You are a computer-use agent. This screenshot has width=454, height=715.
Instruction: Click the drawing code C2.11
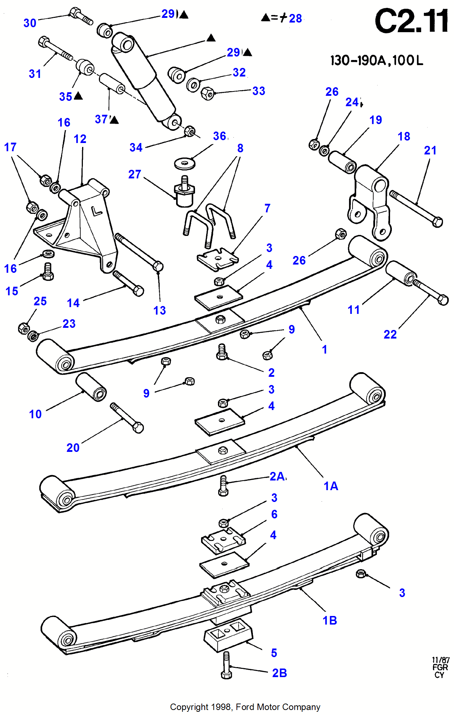click(x=411, y=21)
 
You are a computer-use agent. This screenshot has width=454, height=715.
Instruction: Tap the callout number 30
click(x=30, y=23)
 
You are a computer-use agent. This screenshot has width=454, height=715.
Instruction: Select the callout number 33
click(x=259, y=91)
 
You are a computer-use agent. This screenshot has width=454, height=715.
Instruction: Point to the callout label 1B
click(x=330, y=621)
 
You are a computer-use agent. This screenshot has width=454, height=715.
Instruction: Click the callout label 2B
click(x=280, y=673)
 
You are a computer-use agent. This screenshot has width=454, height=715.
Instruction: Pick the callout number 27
click(x=135, y=174)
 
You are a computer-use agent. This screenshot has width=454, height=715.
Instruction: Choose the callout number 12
click(x=80, y=139)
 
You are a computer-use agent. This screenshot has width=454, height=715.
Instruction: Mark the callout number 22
click(x=390, y=335)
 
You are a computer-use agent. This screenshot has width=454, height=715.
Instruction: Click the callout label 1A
click(x=331, y=486)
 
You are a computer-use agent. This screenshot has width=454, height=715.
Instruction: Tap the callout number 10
click(x=35, y=414)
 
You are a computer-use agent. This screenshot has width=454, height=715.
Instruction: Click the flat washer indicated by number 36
click(x=185, y=164)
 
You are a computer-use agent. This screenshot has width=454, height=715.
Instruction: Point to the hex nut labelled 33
click(x=208, y=93)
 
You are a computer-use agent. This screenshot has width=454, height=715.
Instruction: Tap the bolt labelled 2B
click(x=226, y=665)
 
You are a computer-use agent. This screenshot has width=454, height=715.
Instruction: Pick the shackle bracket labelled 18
click(x=370, y=202)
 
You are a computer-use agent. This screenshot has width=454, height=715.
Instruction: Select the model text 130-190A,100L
click(x=377, y=60)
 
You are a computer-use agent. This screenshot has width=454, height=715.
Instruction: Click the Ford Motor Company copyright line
click(x=245, y=707)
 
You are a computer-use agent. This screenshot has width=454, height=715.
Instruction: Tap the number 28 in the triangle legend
click(x=295, y=18)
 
